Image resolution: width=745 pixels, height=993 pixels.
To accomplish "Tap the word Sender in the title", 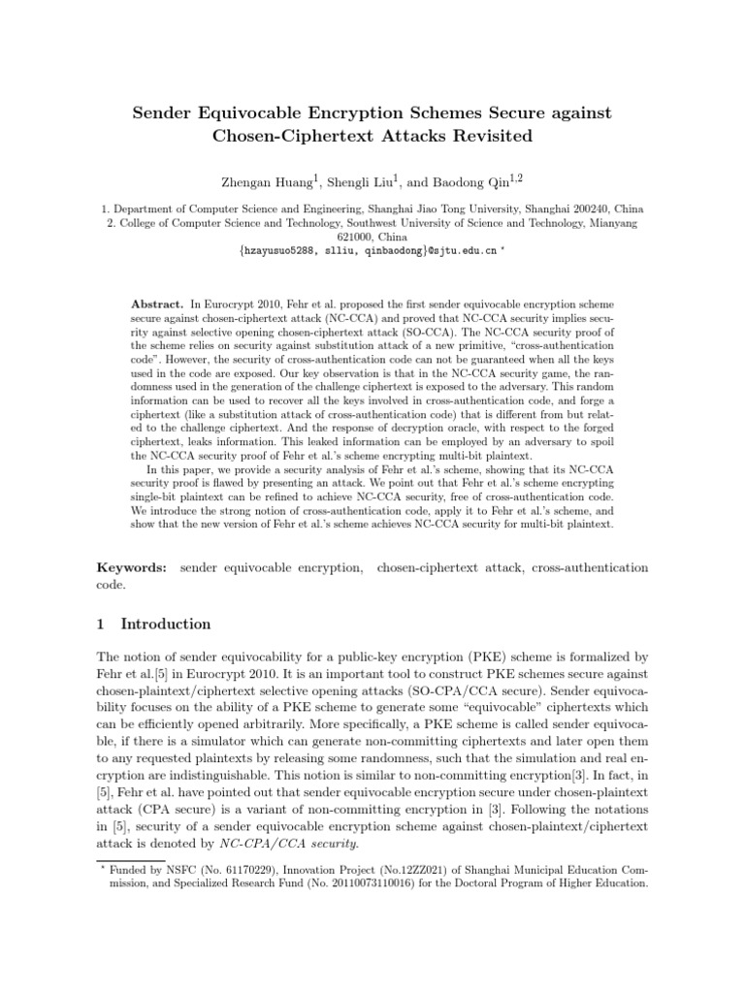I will point(165,113).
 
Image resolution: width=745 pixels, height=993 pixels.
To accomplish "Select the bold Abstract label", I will point(155,304).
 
